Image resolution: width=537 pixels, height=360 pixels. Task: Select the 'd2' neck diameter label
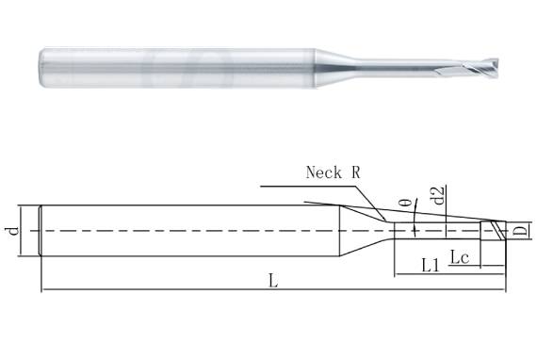point(440,198)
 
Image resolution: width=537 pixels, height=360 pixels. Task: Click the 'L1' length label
point(430,267)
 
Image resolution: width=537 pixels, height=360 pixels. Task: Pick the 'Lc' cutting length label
point(461,255)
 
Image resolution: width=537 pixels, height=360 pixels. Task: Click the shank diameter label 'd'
point(12,230)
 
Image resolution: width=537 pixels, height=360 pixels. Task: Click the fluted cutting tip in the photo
point(483,45)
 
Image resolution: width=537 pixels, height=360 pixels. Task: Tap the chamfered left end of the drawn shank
point(41,230)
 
